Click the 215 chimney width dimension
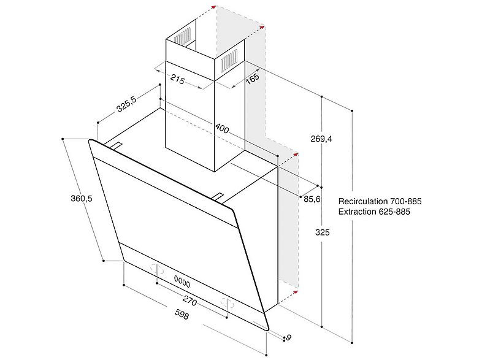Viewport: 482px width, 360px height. point(178,79)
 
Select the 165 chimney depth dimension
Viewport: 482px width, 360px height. point(253,79)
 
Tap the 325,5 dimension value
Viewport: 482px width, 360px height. point(126,104)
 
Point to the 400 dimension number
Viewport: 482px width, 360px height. point(222,128)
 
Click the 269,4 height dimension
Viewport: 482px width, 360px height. point(321,139)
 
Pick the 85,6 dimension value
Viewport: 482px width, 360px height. point(312,199)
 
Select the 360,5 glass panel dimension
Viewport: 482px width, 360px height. point(82,198)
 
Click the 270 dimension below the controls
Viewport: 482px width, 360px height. point(189,301)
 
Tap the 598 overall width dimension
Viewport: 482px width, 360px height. point(182,314)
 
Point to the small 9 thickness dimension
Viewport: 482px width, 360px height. point(288,337)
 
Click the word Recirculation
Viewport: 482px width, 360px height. point(363,201)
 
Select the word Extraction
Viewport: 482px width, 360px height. point(357,212)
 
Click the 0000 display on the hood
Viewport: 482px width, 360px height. point(182,281)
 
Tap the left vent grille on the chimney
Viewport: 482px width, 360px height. point(183,36)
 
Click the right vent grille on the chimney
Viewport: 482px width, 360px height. point(229,59)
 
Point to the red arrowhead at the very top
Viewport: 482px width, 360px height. point(213,7)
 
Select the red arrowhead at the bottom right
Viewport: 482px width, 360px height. point(296,291)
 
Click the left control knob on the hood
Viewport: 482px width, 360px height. point(157,269)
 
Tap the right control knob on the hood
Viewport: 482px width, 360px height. point(227,304)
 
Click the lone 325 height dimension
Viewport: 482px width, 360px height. point(322,232)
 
